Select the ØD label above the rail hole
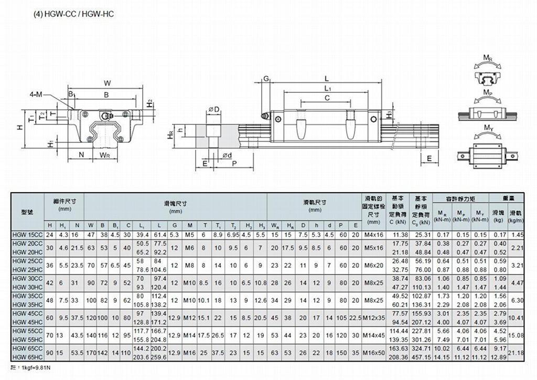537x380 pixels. click(x=213, y=109)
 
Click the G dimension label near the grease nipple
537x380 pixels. click(x=266, y=79)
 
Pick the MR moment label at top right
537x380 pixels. click(x=487, y=56)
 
